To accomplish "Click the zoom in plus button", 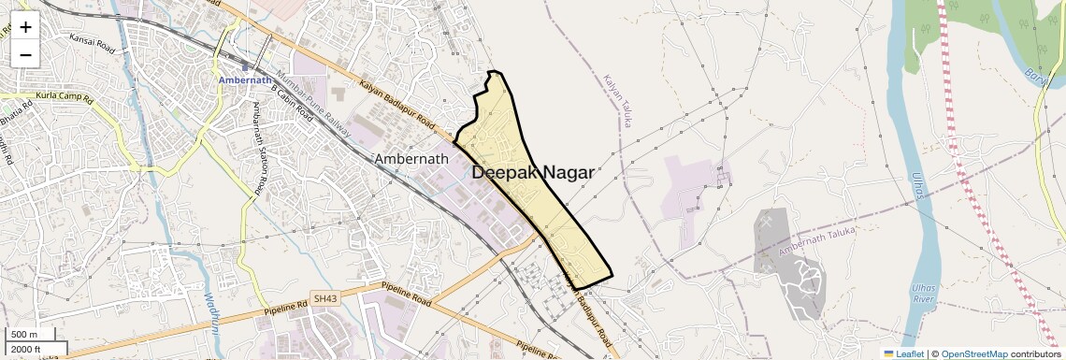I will (x=25, y=27).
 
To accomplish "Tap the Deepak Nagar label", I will (x=532, y=172).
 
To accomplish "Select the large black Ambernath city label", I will (x=411, y=159).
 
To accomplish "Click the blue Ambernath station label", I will (x=244, y=80).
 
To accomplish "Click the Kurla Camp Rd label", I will (x=65, y=97).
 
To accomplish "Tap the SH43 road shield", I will (x=324, y=298).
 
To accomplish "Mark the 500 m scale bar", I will (x=25, y=335).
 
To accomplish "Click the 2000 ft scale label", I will (x=27, y=350).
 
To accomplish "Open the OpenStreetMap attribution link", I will (x=974, y=353).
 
